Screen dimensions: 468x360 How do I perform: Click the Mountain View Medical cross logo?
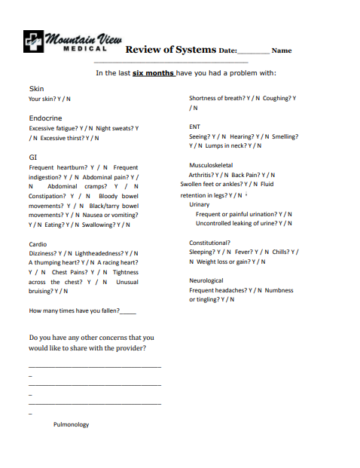(x=33, y=40)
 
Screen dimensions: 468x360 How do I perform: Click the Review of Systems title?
(x=170, y=50)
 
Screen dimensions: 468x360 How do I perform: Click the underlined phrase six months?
(x=153, y=73)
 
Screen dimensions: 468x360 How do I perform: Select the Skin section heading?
(x=36, y=89)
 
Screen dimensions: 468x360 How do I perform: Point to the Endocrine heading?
(x=45, y=118)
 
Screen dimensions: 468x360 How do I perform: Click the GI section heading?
(x=32, y=157)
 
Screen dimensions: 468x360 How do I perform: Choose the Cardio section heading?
(x=38, y=244)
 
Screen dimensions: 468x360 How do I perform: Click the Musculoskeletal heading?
(x=211, y=165)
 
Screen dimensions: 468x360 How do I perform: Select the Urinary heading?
(x=200, y=204)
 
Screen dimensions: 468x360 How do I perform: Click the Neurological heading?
(x=206, y=280)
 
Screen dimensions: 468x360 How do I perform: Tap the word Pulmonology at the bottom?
(x=71, y=424)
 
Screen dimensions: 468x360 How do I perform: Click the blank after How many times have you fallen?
(x=128, y=310)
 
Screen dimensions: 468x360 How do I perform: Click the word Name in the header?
(x=281, y=50)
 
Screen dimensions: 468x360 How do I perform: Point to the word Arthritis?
(x=204, y=175)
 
